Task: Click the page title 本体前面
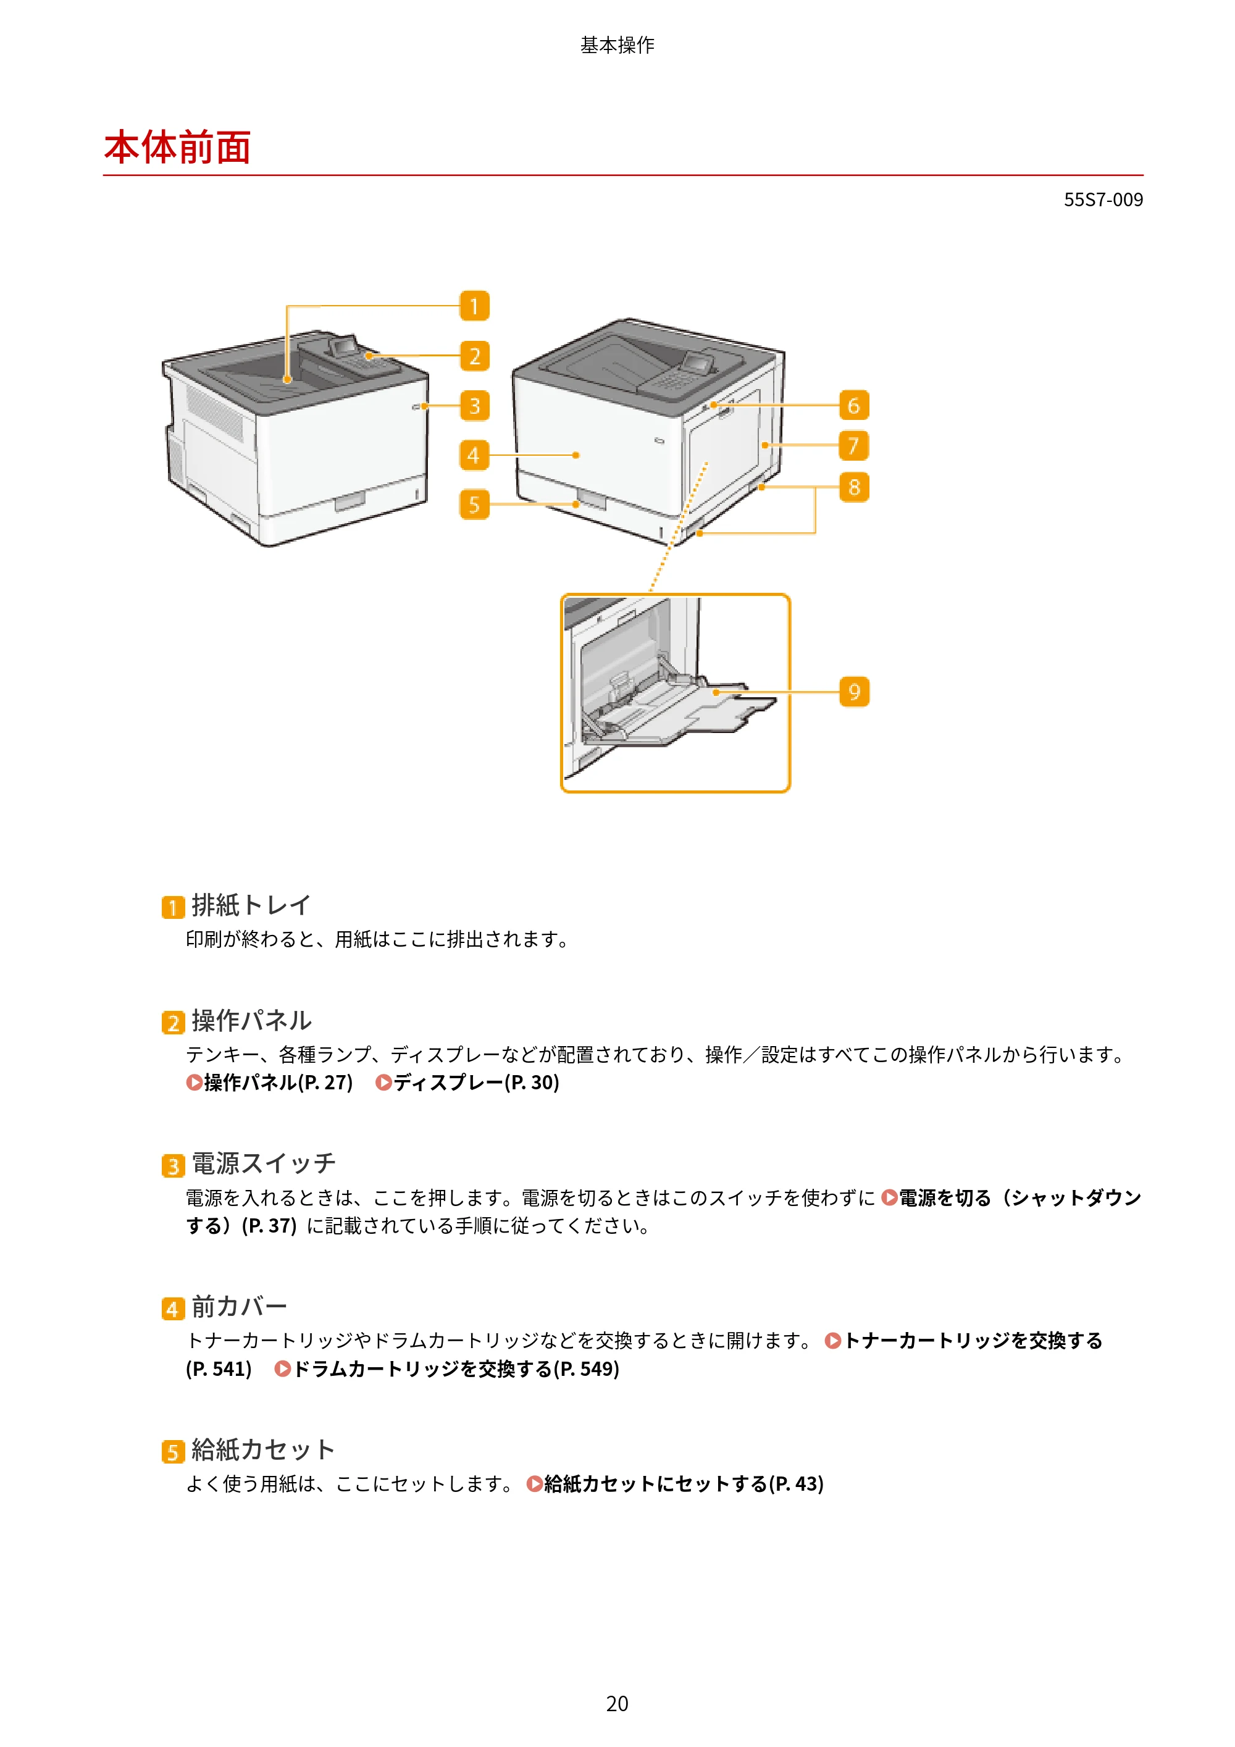click(177, 147)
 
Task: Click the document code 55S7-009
click(1103, 199)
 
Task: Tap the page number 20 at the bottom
click(617, 1703)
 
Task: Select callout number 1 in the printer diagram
click(474, 306)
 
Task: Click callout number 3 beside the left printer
click(474, 406)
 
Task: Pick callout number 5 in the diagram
click(474, 505)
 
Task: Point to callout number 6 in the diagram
click(854, 405)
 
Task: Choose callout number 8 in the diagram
click(854, 487)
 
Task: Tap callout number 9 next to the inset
click(854, 692)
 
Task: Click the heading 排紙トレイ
click(251, 905)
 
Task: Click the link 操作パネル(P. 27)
click(269, 1082)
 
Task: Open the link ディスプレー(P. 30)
click(467, 1082)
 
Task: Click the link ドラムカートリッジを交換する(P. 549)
click(446, 1369)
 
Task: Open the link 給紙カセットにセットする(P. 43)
click(675, 1484)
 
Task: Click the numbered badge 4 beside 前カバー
click(173, 1309)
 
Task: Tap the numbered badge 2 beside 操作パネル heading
click(173, 1023)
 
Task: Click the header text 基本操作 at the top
click(617, 45)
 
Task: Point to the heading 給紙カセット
click(263, 1449)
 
